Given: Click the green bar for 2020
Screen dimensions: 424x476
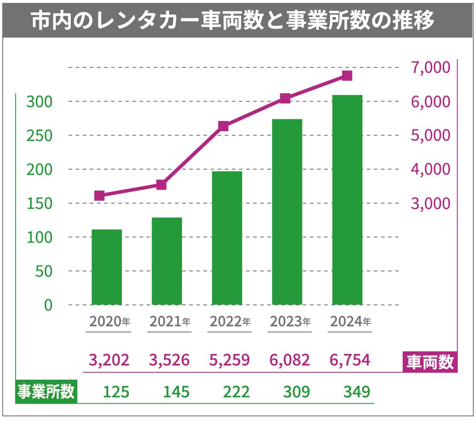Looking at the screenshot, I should (107, 267).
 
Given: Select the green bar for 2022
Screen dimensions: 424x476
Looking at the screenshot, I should (227, 238).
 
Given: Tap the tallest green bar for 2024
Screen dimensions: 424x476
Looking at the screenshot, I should (347, 200).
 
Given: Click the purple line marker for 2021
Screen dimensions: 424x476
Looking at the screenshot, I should (161, 185).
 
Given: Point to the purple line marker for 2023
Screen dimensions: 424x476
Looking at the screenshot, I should (285, 98).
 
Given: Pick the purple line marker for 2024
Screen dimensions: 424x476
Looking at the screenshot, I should (347, 76).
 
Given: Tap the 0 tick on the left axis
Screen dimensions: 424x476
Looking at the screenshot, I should (48, 305).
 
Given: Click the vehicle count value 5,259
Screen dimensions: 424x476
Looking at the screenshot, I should (229, 361).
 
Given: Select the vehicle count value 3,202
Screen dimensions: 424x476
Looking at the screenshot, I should (109, 361).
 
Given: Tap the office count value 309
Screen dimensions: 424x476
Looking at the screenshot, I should (297, 392).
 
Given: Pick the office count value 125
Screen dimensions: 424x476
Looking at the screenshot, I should (116, 392).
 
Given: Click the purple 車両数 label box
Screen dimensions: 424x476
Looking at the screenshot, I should (430, 363).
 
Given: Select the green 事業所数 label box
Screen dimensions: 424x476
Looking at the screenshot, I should (46, 392).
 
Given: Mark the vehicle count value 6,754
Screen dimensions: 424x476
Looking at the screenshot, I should (350, 361).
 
